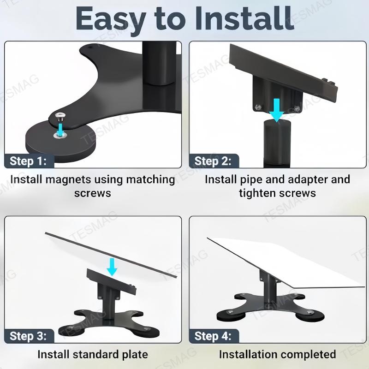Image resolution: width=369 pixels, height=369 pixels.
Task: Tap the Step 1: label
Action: click(x=29, y=161)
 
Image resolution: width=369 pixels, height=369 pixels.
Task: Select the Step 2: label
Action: click(x=213, y=161)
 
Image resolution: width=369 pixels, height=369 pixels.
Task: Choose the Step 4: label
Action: click(x=213, y=336)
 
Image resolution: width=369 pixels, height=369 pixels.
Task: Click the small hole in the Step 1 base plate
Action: click(x=90, y=47)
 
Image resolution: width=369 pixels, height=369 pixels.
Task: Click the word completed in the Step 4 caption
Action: click(x=309, y=354)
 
